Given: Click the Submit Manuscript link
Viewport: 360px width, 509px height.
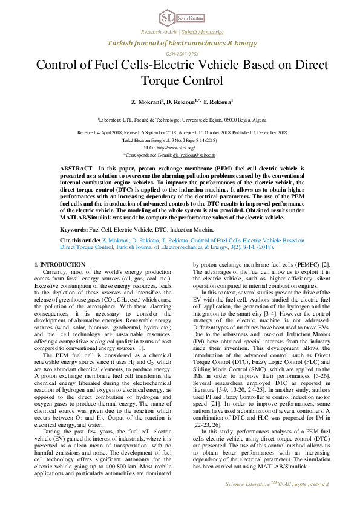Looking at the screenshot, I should (x=203, y=31).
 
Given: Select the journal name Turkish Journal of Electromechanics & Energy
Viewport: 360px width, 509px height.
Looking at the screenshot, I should (x=182, y=43).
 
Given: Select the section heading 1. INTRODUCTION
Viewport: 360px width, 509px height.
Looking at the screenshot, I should (x=59, y=265).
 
